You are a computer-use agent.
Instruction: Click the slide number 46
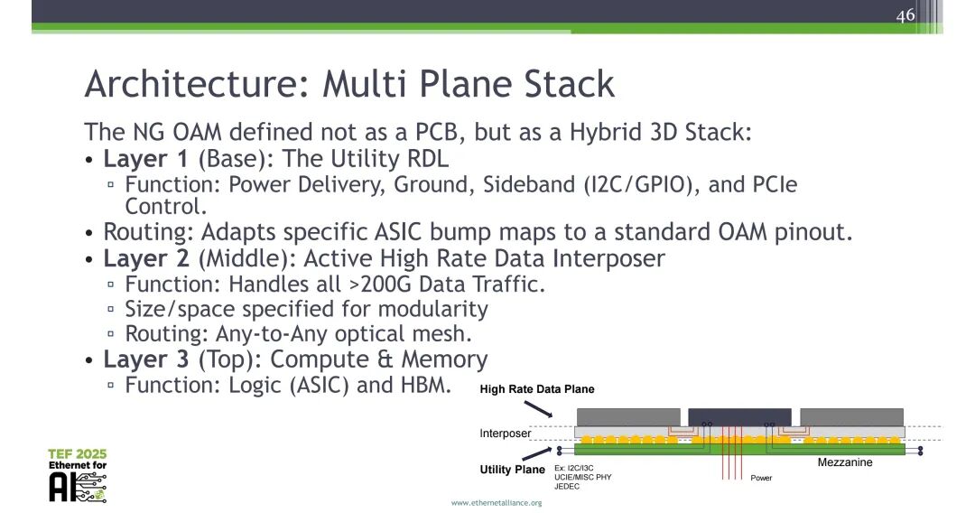905,15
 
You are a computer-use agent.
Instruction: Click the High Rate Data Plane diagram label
537,390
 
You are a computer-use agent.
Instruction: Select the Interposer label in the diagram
506,434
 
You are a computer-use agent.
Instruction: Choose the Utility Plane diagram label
512,470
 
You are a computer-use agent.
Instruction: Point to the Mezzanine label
845,462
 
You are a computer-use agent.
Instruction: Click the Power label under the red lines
761,478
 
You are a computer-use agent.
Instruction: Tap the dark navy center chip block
739,416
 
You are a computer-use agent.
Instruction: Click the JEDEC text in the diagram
567,487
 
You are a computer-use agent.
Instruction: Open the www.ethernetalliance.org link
497,502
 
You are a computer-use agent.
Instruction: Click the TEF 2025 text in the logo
78,453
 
